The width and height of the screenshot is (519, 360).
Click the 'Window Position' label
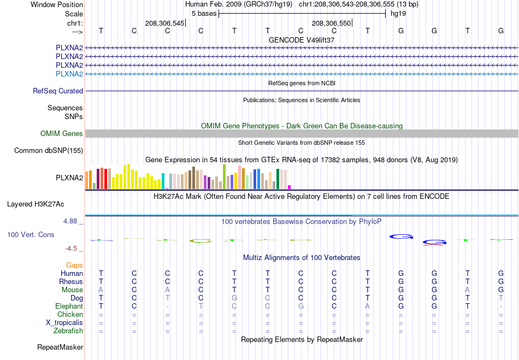(x=57, y=4)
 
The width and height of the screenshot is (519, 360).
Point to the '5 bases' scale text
(x=204, y=14)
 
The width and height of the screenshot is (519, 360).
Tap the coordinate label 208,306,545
(x=164, y=23)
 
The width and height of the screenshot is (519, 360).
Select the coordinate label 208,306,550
(x=331, y=23)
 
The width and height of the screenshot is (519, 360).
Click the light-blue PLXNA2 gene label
(x=69, y=74)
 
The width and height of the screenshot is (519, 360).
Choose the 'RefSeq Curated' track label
(x=58, y=91)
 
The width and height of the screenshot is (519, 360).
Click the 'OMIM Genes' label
(x=62, y=133)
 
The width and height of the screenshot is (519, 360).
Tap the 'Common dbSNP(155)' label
(x=49, y=151)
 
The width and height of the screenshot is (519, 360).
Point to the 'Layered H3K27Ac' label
(x=36, y=204)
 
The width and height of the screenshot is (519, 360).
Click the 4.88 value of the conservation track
(x=70, y=221)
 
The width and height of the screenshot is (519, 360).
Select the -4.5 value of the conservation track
(x=71, y=249)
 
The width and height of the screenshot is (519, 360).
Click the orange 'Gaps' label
(x=74, y=265)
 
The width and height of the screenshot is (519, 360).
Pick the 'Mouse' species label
(x=72, y=290)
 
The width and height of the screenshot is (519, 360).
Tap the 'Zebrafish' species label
(x=68, y=331)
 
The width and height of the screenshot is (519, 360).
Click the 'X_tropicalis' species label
(x=64, y=323)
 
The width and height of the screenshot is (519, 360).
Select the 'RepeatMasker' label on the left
(x=60, y=347)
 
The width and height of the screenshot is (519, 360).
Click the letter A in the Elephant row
(x=368, y=306)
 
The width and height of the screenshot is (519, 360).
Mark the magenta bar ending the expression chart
(x=290, y=187)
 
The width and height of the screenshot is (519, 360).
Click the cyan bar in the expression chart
(x=163, y=181)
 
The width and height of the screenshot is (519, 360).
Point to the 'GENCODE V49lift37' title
(x=302, y=40)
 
